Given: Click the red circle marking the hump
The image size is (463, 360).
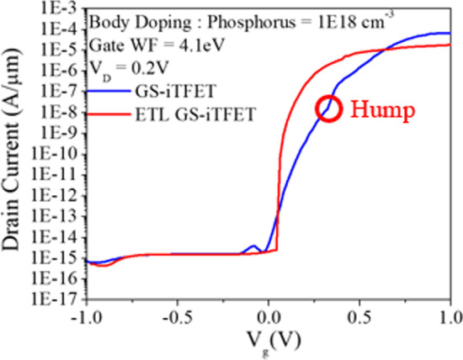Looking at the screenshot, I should (329, 109).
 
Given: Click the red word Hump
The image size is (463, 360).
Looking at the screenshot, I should (380, 109).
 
